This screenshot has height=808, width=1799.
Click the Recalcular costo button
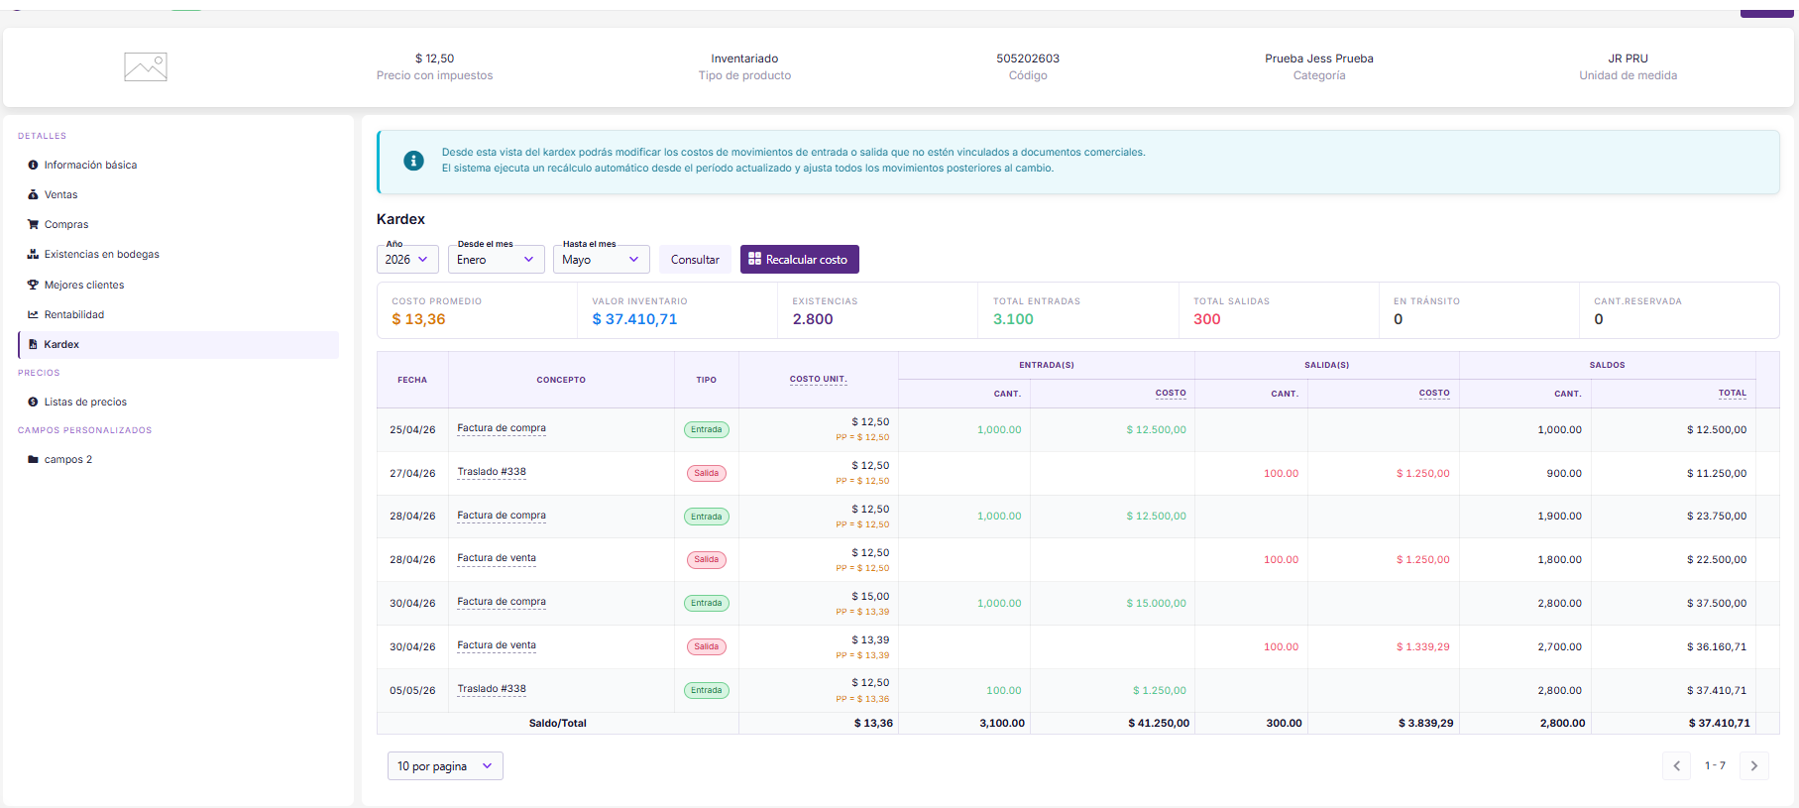pyautogui.click(x=799, y=260)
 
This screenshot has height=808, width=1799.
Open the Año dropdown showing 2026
pyautogui.click(x=407, y=260)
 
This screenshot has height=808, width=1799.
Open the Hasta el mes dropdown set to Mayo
pyautogui.click(x=601, y=260)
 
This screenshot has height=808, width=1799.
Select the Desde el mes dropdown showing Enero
pyautogui.click(x=497, y=260)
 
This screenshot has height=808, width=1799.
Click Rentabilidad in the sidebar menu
pyautogui.click(x=74, y=315)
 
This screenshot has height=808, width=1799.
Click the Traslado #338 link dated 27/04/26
pyautogui.click(x=492, y=472)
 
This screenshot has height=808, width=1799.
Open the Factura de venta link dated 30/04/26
pyautogui.click(x=497, y=645)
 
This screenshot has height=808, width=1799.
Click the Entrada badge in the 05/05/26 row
pyautogui.click(x=707, y=691)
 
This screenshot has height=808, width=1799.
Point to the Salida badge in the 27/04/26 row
pyautogui.click(x=707, y=474)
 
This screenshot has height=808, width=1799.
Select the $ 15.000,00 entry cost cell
pyautogui.click(x=1156, y=604)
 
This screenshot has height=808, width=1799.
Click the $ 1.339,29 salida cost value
pyautogui.click(x=1422, y=647)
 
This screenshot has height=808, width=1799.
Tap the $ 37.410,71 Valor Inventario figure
pyautogui.click(x=634, y=319)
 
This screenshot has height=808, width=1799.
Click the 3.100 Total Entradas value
pyautogui.click(x=1013, y=319)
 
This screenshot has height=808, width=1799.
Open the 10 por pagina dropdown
pyautogui.click(x=445, y=766)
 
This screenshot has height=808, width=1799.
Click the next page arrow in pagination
pyautogui.click(x=1753, y=766)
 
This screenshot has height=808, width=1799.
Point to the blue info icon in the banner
pyautogui.click(x=414, y=161)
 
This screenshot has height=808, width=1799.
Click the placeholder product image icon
pyautogui.click(x=146, y=67)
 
